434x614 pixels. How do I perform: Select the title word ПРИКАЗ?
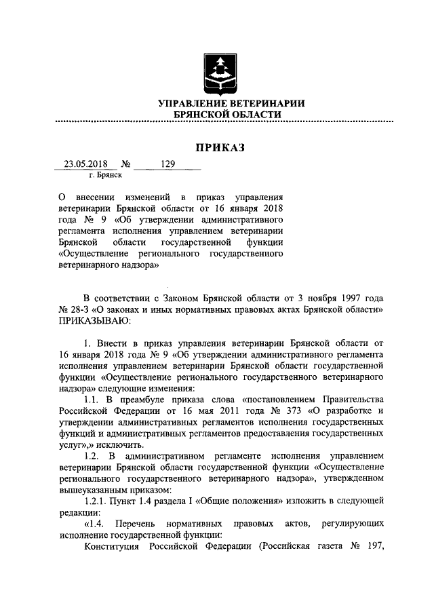(x=218, y=147)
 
